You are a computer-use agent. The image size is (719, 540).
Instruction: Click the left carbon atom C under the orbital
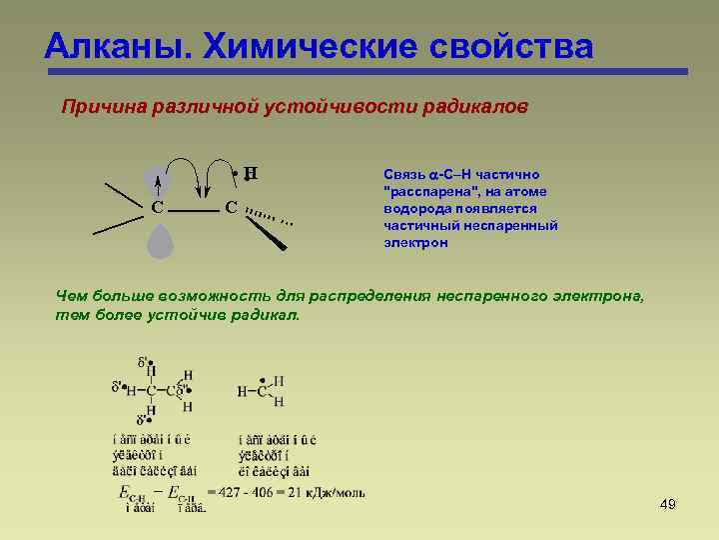tap(158, 208)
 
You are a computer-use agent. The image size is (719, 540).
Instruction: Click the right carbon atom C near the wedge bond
tap(231, 208)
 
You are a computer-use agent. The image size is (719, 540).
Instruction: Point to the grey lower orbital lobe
tap(158, 241)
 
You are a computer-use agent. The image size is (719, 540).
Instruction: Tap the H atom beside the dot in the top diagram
tap(251, 173)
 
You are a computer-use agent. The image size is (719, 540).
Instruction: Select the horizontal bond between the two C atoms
tap(195, 211)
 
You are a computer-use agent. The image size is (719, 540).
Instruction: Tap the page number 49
tap(668, 504)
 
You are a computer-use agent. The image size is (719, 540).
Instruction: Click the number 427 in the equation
tap(232, 491)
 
